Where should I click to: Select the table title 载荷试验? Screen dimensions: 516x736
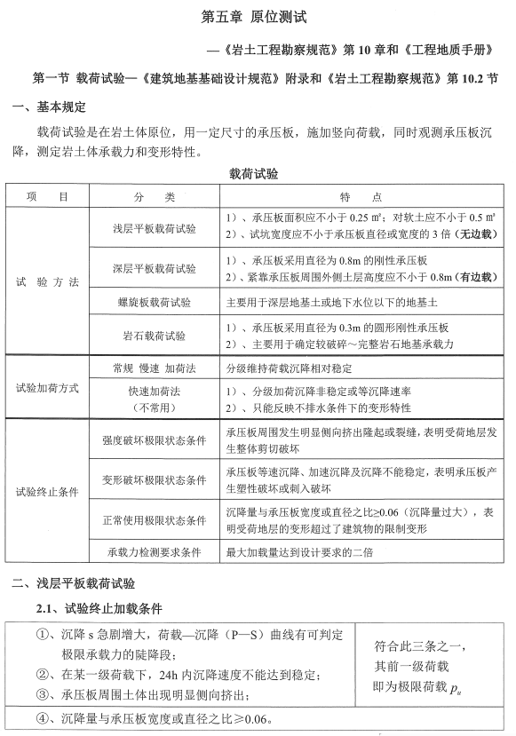pos(257,173)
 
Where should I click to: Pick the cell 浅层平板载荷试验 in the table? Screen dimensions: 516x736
pos(155,228)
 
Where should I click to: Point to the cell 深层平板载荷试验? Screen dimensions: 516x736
pos(155,268)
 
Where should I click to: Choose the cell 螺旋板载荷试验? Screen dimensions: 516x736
pos(155,303)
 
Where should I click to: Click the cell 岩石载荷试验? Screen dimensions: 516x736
pos(155,336)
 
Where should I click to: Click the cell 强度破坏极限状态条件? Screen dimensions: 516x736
pos(155,439)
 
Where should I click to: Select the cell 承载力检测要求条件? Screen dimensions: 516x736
pos(155,552)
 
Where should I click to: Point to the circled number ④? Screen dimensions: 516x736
pos(42,717)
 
